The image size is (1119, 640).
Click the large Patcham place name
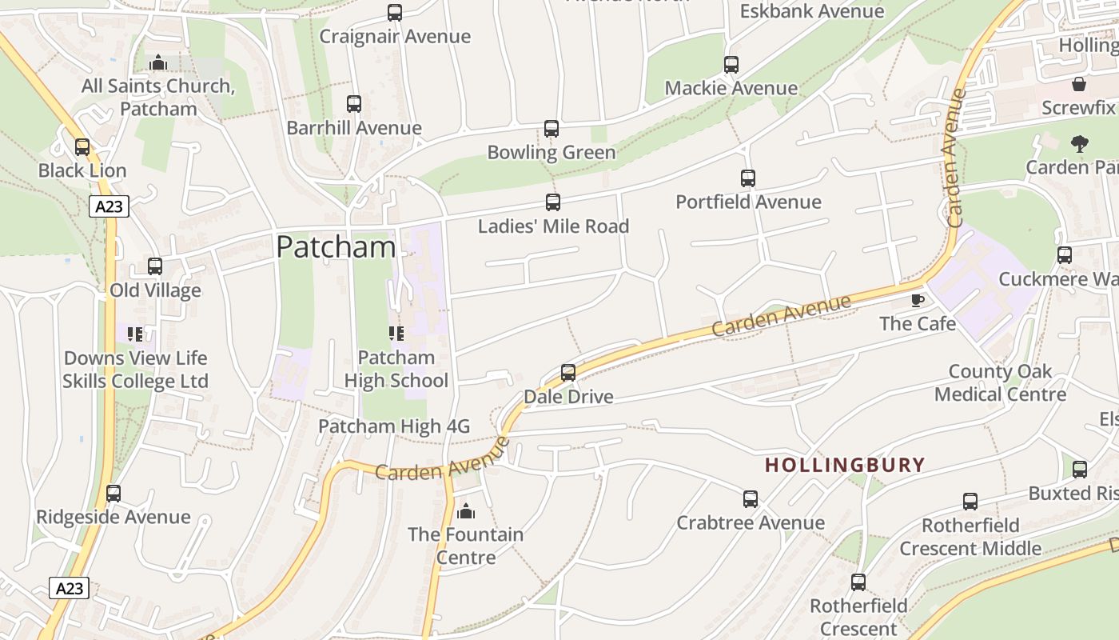coord(336,247)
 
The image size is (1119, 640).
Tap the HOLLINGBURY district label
coord(845,465)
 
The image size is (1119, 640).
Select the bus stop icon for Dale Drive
coord(568,373)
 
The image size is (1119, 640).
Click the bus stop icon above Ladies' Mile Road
coord(552,202)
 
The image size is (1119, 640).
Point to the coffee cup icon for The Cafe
coord(918,300)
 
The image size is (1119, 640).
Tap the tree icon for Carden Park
coord(1079,144)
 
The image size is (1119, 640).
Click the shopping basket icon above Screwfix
coord(1079,84)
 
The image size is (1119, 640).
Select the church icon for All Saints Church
coord(158,62)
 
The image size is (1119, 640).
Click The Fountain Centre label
coord(466,545)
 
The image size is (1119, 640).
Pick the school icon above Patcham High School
coord(396,334)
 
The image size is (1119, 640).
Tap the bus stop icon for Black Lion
coord(82,147)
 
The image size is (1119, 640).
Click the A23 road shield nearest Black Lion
coord(109,207)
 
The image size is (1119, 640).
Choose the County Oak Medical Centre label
coord(1000,383)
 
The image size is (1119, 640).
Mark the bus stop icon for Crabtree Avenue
coord(750,499)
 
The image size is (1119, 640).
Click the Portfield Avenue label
coord(748,202)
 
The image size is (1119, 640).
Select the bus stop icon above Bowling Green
coord(552,129)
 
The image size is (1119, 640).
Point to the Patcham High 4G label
coord(394,426)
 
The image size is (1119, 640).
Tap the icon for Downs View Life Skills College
coord(135,334)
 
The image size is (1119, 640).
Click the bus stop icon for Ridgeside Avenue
coord(113,494)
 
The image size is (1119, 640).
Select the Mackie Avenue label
coord(731,88)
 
